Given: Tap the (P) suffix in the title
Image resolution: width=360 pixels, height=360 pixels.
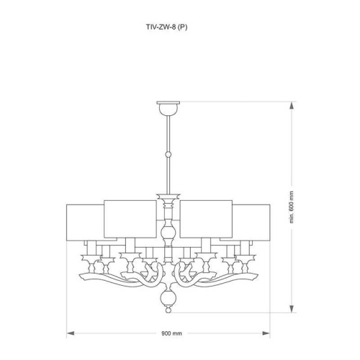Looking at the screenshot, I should pyautogui.click(x=185, y=27).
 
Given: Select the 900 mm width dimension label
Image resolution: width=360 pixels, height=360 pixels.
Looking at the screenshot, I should pyautogui.click(x=171, y=334).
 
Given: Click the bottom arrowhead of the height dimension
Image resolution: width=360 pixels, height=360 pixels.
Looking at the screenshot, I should pyautogui.click(x=292, y=311).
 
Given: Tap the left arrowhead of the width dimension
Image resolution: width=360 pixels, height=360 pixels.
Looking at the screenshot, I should pyautogui.click(x=70, y=333).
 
